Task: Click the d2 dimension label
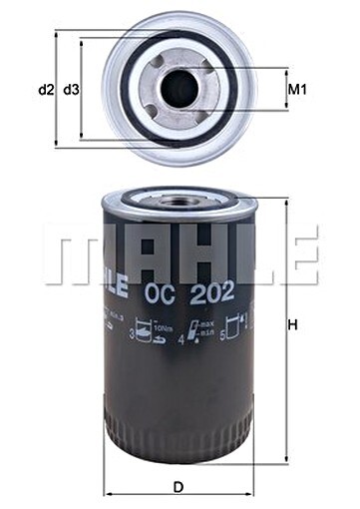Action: tap(45, 90)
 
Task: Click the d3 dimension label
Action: tap(71, 90)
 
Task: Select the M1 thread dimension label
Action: tap(296, 90)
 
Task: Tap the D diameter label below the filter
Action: tap(178, 486)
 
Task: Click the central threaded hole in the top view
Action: tap(179, 89)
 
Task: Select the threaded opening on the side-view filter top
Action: tap(180, 200)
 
